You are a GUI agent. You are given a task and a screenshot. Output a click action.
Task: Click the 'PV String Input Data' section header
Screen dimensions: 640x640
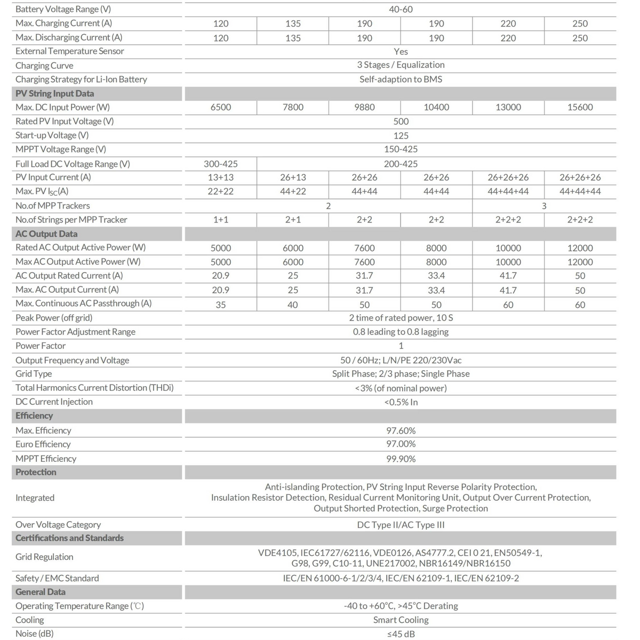click(55, 93)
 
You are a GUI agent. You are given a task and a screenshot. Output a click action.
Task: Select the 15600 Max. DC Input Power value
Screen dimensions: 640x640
click(580, 107)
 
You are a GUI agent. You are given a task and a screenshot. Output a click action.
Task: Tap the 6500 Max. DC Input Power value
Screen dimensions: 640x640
click(221, 107)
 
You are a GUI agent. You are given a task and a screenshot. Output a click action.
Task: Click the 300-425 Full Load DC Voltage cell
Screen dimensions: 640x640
click(221, 164)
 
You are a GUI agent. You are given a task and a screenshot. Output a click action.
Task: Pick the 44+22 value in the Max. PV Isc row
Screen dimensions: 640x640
click(293, 191)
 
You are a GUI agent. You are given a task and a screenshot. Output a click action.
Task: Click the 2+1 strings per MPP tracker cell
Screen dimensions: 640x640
click(293, 220)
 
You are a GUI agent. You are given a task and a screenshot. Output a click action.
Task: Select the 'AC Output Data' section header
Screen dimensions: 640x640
click(46, 234)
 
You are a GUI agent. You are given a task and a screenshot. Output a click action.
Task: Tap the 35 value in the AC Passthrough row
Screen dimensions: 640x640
click(221, 305)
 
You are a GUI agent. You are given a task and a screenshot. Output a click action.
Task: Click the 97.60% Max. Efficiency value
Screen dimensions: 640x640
click(401, 430)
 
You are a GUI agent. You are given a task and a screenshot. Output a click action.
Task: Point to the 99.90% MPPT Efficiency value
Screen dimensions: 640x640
click(401, 459)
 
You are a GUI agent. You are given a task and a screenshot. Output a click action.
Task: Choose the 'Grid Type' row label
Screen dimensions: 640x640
click(34, 374)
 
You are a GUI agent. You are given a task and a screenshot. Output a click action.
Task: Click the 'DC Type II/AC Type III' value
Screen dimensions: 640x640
click(401, 525)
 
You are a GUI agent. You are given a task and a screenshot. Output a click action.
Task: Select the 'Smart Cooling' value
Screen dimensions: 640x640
click(401, 620)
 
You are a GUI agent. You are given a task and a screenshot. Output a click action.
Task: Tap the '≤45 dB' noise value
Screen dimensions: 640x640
click(401, 634)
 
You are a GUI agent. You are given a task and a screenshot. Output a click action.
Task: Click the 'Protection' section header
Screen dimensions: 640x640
click(36, 472)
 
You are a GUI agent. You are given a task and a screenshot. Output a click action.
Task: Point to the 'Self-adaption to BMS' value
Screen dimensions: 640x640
click(401, 79)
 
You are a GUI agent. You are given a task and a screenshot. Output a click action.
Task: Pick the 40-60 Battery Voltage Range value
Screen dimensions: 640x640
click(401, 9)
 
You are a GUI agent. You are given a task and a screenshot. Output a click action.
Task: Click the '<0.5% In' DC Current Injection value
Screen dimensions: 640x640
click(401, 402)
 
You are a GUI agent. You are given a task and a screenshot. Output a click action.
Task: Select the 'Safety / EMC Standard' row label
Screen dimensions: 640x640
click(57, 578)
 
